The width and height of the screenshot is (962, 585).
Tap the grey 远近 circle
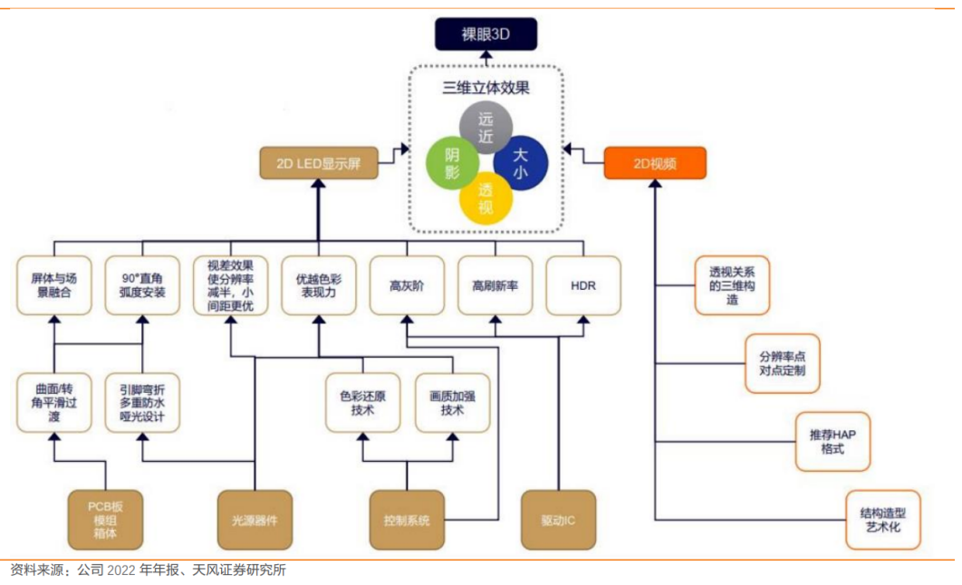[486, 128]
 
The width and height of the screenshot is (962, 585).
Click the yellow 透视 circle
[486, 198]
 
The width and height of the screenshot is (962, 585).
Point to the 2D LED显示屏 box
[318, 163]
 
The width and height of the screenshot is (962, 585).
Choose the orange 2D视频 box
[655, 163]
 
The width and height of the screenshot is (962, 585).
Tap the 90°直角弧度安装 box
[142, 285]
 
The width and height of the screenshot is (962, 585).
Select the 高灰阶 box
[407, 285]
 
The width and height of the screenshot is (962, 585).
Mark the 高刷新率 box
[495, 285]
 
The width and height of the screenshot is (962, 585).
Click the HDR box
[583, 285]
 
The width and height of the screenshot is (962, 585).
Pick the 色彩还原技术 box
[362, 403]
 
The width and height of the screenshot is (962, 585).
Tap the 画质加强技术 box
[452, 403]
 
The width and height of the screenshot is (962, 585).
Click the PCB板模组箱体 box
[105, 521]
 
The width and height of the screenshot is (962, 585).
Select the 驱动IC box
[558, 521]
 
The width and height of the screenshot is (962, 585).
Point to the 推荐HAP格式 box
[833, 442]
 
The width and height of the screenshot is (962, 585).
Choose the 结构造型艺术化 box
[882, 520]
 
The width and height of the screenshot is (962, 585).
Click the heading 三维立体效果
[486, 88]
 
